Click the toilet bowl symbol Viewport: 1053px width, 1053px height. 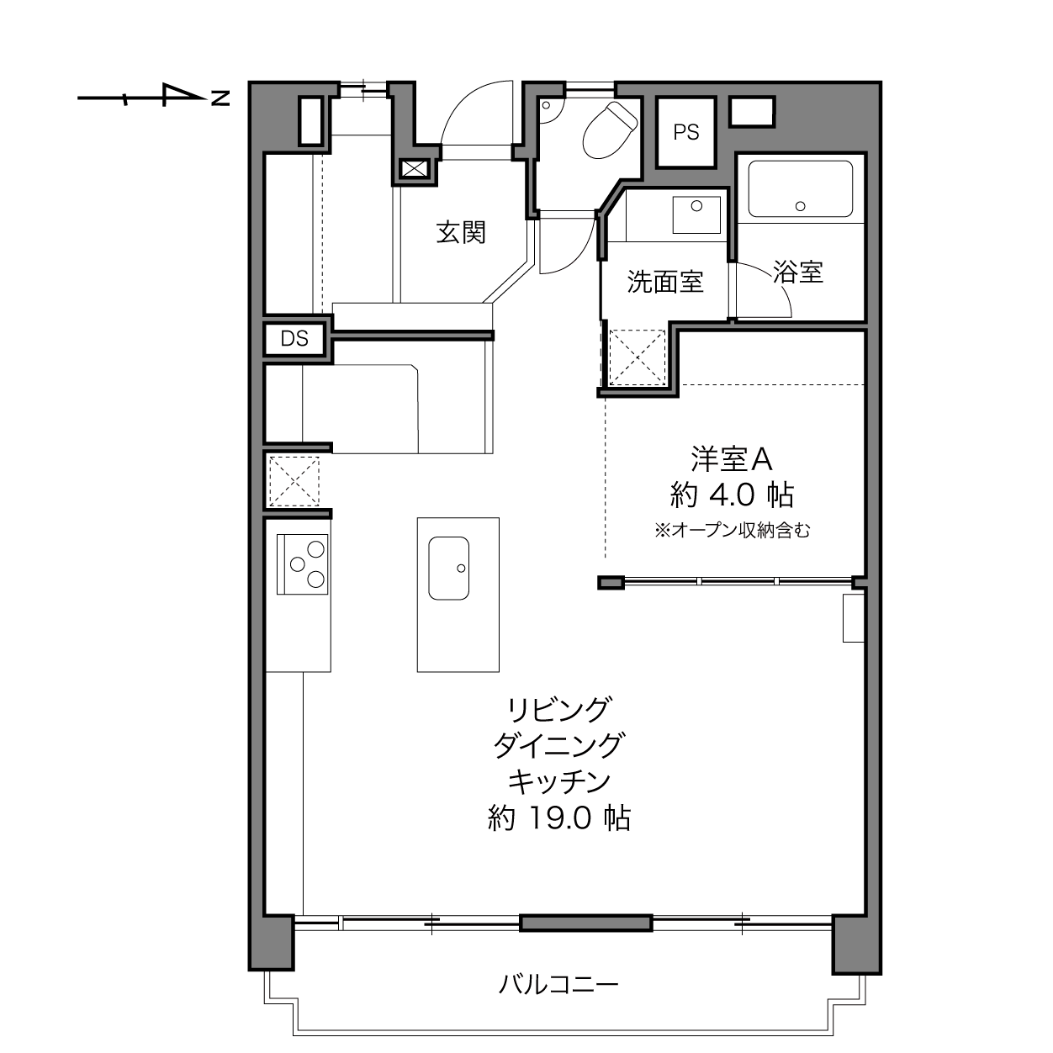(x=610, y=130)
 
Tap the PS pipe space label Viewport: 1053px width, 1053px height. (x=685, y=132)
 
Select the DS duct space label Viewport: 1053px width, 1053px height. (x=294, y=339)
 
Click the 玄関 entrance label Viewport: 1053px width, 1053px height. (x=461, y=233)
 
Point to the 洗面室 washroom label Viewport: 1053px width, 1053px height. (x=665, y=282)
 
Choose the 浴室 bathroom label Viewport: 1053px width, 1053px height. (x=798, y=272)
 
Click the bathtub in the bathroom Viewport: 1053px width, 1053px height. (x=800, y=188)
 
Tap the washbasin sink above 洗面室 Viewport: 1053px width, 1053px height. (x=696, y=214)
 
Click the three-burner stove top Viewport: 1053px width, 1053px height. (x=302, y=564)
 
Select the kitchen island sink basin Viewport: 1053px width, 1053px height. (x=448, y=569)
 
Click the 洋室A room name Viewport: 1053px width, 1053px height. (x=732, y=459)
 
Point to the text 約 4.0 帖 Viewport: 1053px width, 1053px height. (x=732, y=495)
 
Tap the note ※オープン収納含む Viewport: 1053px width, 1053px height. (x=732, y=530)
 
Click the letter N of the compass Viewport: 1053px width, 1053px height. (x=220, y=98)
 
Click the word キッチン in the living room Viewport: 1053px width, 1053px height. (x=558, y=781)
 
